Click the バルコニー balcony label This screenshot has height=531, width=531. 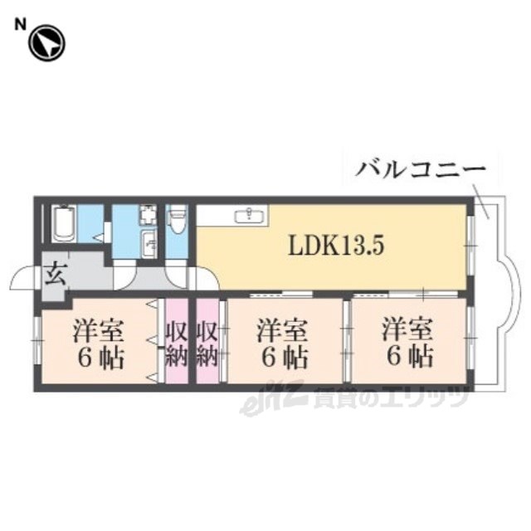coord(420,171)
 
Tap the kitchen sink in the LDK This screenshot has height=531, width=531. coord(248,217)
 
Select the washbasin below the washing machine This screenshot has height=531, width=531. coord(149,244)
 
